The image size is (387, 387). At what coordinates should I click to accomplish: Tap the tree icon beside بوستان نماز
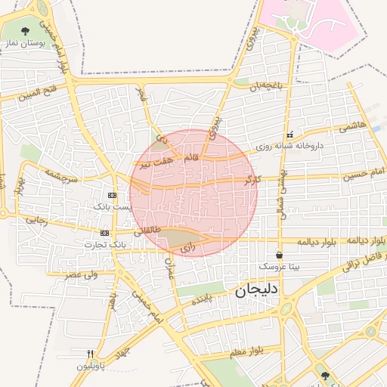pos(26,32)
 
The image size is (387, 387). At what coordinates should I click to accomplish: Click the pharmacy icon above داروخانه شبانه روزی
pos(289,135)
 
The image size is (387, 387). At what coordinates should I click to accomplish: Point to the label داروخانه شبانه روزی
pos(289,145)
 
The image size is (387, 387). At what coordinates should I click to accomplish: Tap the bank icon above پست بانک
pos(113,195)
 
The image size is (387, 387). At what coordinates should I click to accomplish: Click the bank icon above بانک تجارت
pos(104,233)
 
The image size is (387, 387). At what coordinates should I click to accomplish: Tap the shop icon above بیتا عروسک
pos(280,255)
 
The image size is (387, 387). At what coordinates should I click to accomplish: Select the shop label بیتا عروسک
pos(280,267)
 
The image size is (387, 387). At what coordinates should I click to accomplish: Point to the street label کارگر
pos(252,181)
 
